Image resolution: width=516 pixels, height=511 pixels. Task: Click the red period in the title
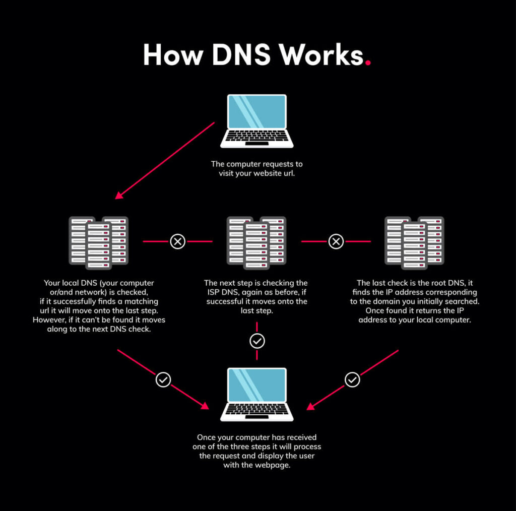tap(368, 63)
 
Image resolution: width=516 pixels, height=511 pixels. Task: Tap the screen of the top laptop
tap(256, 112)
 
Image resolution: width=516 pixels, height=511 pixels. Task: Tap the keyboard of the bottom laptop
tap(256, 410)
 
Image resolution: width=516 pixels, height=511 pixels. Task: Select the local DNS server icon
tap(98, 242)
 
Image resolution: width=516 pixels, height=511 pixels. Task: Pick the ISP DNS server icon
tap(256, 242)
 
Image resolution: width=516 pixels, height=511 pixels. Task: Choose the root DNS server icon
tap(414, 242)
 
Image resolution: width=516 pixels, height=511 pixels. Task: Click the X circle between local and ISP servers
tap(177, 242)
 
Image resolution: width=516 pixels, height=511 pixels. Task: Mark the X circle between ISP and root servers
tap(336, 242)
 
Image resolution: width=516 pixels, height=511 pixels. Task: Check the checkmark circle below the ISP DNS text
tap(257, 342)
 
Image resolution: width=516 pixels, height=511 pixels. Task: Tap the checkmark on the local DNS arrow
tap(163, 379)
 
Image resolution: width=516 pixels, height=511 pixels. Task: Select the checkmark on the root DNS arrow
tap(352, 379)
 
